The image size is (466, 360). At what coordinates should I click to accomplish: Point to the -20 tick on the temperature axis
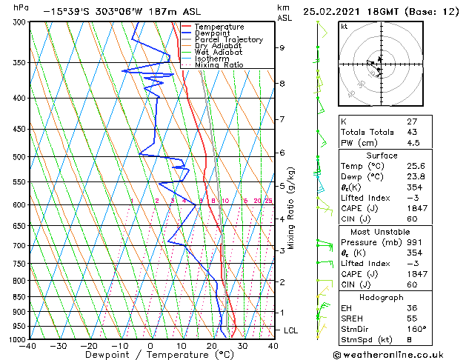89,346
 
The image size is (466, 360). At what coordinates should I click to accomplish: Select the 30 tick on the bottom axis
242,346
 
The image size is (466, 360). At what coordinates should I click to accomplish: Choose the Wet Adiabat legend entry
215,52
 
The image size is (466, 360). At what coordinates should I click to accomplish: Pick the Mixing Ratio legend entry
218,64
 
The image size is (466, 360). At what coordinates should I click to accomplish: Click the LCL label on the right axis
290,330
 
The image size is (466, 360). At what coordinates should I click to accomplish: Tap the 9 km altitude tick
282,48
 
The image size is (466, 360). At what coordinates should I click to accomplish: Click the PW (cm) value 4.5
413,143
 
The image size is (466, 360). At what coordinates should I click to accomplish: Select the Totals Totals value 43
412,132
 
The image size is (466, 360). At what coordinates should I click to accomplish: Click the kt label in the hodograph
344,26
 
